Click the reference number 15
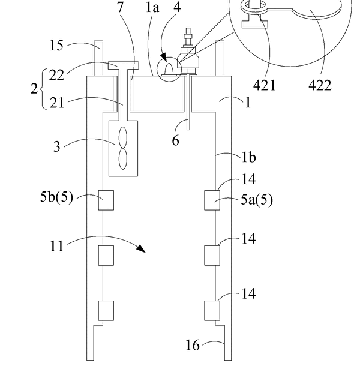(56, 46)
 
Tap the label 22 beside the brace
(56, 74)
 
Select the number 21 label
(57, 103)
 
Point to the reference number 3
(57, 146)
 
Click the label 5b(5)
(57, 197)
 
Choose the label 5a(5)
(257, 200)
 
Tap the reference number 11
(57, 246)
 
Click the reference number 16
(193, 345)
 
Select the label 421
(264, 86)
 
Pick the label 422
(320, 86)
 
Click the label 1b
(249, 157)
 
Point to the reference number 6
(175, 141)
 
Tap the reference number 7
(120, 7)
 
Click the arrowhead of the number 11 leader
(142, 248)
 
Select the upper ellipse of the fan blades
(123, 137)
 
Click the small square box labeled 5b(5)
(106, 200)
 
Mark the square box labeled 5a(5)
(212, 200)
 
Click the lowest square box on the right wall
(212, 311)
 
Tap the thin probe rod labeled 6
(188, 103)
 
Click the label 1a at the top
(152, 7)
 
